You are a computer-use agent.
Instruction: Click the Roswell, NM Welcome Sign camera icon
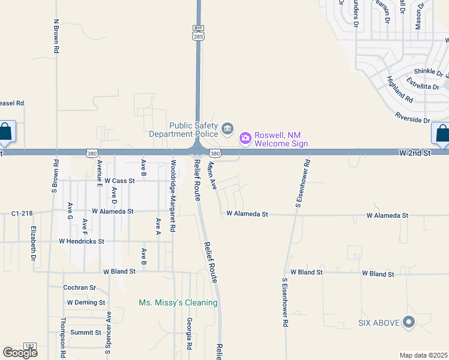(x=245, y=139)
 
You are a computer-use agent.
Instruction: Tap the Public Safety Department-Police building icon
(x=228, y=128)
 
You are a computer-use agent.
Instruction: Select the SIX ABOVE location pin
(x=409, y=323)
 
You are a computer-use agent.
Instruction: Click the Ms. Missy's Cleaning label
(x=178, y=303)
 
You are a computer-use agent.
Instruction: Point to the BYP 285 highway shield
(x=198, y=33)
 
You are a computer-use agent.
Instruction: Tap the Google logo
(x=20, y=353)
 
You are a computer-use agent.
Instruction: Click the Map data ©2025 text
(x=424, y=355)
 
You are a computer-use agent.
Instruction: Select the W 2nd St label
(x=415, y=154)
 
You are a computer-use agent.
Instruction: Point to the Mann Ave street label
(x=212, y=175)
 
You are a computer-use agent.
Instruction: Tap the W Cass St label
(x=119, y=180)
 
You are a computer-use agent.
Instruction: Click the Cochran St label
(x=79, y=288)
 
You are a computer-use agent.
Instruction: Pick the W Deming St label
(x=86, y=302)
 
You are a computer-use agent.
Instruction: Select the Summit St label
(x=85, y=332)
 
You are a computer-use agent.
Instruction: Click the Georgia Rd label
(x=189, y=334)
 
